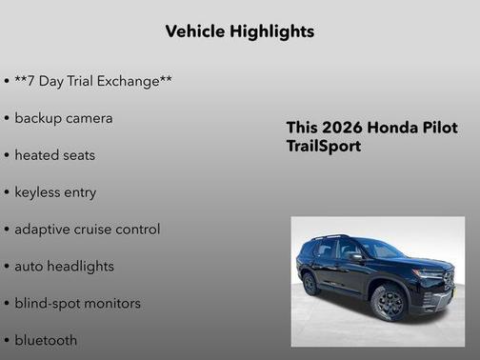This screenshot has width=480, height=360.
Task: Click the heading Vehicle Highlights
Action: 239,31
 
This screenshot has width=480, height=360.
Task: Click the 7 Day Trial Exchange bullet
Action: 93,81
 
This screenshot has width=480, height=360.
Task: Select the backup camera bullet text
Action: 64,118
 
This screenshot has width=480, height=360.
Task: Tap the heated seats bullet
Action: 55,155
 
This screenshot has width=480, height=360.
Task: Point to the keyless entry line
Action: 55,192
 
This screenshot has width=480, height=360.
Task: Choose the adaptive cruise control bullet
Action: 88,230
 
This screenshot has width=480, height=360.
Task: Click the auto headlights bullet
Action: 64,267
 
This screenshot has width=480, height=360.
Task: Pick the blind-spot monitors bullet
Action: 77,304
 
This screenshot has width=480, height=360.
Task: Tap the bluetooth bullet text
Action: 46,340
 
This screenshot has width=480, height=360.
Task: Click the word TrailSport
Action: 324,147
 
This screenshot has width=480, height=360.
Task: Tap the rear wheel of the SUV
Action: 310,283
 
